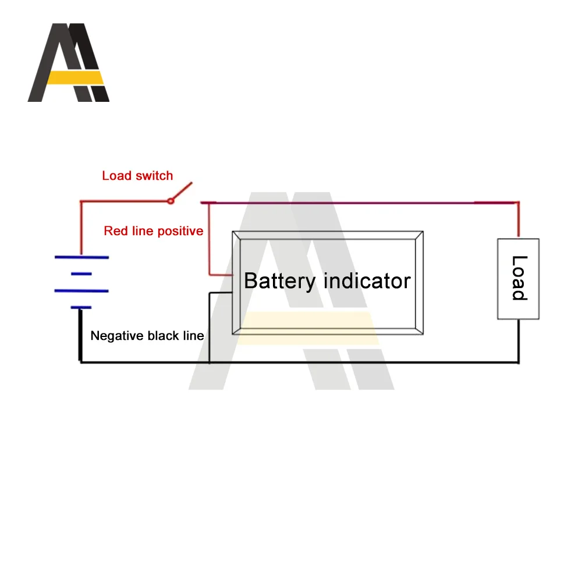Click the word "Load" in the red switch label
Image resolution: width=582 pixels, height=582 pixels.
pos(116,176)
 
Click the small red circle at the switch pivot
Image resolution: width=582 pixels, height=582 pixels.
pos(171,201)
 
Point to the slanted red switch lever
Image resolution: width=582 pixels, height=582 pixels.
pos(182,191)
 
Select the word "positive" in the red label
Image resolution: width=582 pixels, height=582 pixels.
pos(180,232)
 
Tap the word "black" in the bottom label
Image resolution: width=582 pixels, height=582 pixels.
pos(164,336)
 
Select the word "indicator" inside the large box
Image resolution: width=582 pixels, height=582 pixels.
pos(367,281)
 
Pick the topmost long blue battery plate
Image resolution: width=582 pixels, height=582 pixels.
pos(81,257)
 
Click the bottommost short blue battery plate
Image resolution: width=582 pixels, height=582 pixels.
pos(81,307)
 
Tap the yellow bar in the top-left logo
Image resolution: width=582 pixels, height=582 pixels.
pos(75,77)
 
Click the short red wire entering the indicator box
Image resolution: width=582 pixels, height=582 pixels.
pos(221,275)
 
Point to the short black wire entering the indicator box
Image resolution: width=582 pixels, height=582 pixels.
pos(221,293)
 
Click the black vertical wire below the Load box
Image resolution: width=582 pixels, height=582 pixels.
pos(519,340)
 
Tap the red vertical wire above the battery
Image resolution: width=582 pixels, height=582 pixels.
pos(81,228)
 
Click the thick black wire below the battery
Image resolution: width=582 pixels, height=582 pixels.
pos(80,335)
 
